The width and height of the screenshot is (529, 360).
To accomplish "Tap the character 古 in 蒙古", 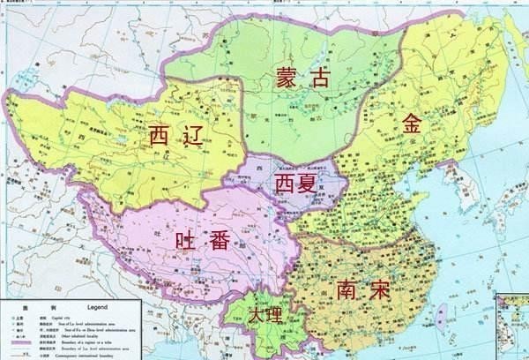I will [319, 78].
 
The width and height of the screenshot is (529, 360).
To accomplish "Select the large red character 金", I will [413, 124].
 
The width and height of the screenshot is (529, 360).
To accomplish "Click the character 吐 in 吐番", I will [187, 239].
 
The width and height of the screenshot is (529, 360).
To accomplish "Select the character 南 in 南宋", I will [346, 289].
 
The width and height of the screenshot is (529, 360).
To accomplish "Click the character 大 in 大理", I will [256, 316].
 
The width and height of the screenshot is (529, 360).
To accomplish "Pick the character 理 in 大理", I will [274, 316].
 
